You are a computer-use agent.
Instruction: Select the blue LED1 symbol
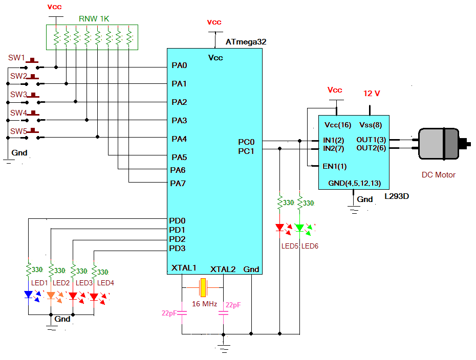29,295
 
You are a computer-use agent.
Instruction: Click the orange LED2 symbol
51,295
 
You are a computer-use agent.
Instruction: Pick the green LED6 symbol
300,228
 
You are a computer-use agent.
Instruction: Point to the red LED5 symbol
280,228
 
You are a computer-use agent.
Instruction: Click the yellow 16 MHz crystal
203,288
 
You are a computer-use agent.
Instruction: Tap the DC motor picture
443,144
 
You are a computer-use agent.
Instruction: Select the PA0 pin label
179,65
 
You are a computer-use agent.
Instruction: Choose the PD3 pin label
177,249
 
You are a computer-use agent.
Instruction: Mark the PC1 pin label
246,151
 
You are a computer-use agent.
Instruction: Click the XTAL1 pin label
184,268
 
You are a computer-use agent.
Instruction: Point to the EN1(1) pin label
335,166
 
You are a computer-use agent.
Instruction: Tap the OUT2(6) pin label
371,148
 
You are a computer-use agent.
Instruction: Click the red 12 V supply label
372,94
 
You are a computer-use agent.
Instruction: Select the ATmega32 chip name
246,42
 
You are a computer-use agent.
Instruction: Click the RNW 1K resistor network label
94,19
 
